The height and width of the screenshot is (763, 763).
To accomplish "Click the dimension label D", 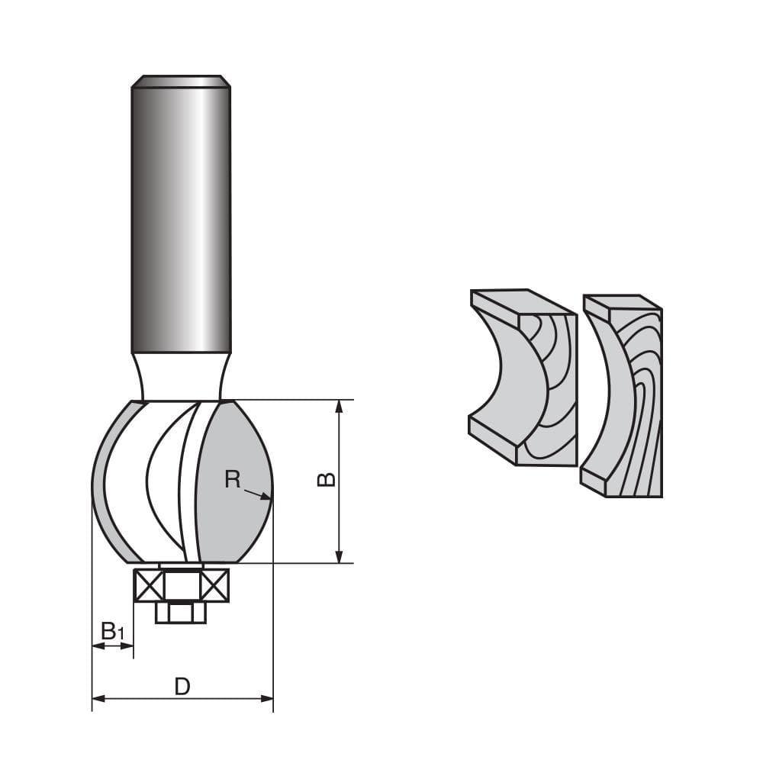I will [182, 687].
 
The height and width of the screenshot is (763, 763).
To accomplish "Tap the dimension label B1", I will [111, 631].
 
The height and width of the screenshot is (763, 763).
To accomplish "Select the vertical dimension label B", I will [327, 480].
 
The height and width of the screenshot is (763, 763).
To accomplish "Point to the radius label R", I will [233, 479].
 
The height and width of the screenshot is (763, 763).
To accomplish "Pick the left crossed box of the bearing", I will [149, 585].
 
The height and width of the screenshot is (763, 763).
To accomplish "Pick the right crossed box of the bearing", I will [214, 585].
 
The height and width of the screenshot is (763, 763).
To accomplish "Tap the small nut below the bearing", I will [181, 612].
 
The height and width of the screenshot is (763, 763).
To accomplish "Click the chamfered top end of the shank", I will [181, 82].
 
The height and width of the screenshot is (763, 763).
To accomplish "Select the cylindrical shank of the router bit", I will [181, 221].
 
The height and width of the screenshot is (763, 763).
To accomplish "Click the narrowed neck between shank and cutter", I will [181, 378].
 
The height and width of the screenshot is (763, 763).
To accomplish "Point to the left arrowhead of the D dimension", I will [96, 698].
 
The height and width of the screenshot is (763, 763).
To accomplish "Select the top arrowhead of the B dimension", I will [340, 405].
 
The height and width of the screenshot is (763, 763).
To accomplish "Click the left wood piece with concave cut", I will [519, 381].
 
